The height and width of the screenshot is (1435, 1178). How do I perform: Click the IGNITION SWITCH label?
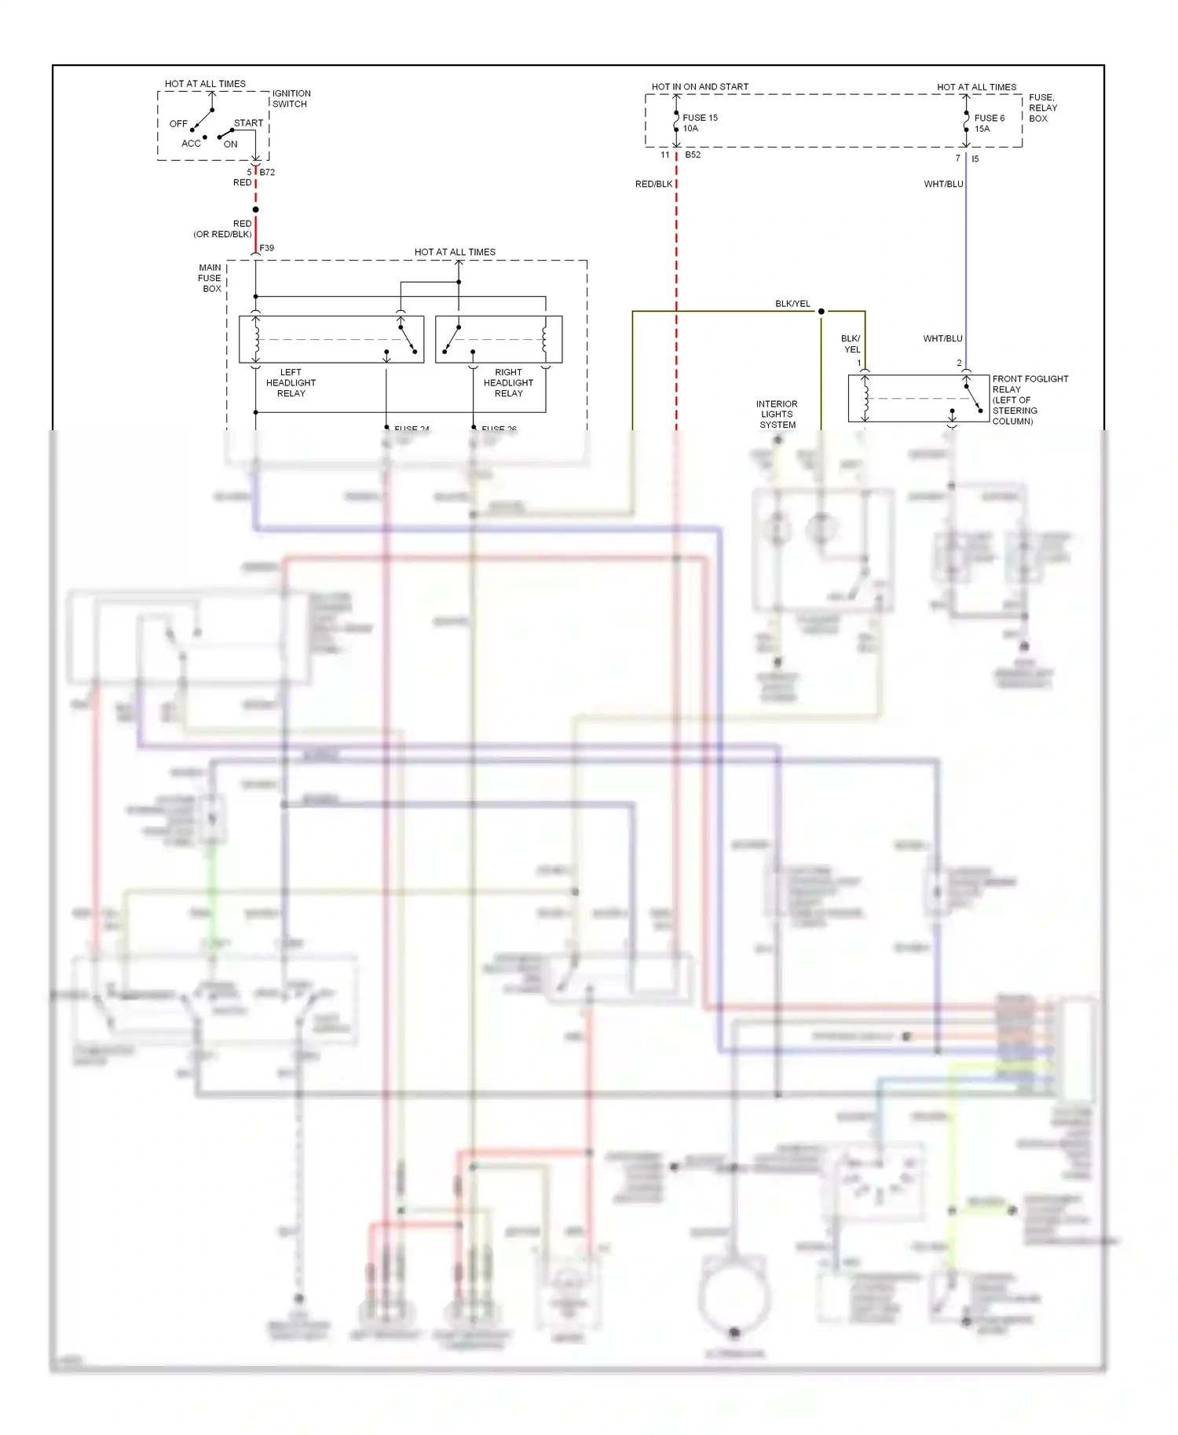click(x=291, y=98)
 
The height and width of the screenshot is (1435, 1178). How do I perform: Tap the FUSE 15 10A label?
click(x=700, y=122)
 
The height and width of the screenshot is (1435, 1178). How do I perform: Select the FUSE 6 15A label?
click(x=989, y=123)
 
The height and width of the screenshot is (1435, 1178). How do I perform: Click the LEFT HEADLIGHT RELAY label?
click(x=291, y=383)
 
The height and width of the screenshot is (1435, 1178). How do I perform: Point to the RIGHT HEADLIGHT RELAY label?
click(x=508, y=383)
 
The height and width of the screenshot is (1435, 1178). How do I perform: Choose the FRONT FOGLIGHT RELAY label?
click(x=1030, y=400)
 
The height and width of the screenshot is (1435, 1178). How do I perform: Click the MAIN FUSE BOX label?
click(x=210, y=278)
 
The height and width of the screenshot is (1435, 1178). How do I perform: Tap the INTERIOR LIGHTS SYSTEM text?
click(x=777, y=414)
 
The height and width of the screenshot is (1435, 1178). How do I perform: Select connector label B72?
click(x=267, y=172)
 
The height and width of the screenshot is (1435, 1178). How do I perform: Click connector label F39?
click(x=267, y=248)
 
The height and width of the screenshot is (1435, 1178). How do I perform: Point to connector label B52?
click(x=693, y=155)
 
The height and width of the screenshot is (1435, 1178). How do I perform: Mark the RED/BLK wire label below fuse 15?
click(x=653, y=184)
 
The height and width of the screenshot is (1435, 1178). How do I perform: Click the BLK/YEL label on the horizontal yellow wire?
click(x=792, y=304)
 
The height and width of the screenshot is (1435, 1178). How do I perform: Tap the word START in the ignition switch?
click(x=248, y=123)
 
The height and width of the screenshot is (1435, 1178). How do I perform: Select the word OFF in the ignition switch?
click(x=178, y=124)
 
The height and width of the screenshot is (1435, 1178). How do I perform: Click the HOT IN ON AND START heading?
click(x=700, y=86)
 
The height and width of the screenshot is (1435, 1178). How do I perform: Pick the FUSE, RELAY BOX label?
click(x=1043, y=108)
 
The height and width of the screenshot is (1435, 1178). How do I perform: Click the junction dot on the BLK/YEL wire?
click(x=821, y=312)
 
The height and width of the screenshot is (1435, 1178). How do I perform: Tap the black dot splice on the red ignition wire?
click(x=255, y=210)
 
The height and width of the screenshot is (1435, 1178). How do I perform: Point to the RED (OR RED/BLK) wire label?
click(x=224, y=228)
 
